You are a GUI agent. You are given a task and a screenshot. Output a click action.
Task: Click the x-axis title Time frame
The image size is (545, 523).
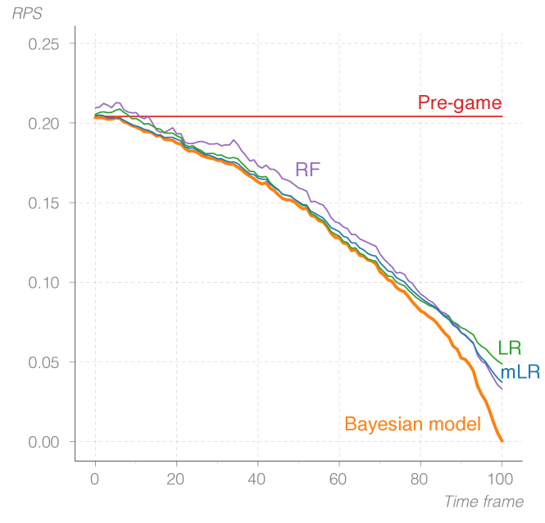coord(483,501)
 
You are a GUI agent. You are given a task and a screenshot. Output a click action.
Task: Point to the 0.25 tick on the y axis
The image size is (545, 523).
coord(44,43)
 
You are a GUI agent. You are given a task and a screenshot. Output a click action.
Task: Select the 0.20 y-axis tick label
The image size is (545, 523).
coord(44,123)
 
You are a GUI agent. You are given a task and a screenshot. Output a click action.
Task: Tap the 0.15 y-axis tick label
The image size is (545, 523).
coord(44,202)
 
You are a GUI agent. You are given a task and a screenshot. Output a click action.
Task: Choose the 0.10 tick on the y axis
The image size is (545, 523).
coord(44,282)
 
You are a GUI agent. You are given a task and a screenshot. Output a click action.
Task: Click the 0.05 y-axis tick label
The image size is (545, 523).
coord(44,362)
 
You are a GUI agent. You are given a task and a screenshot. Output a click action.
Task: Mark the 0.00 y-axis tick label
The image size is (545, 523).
coord(44,441)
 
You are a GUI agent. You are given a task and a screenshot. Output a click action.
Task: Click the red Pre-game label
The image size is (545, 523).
coord(459,103)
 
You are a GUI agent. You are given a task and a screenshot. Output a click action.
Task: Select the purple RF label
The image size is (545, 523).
coord(307,171)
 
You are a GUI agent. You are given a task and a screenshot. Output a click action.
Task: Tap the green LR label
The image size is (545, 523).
coord(509,348)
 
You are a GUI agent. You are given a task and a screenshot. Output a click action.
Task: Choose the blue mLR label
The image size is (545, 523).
coord(520,373)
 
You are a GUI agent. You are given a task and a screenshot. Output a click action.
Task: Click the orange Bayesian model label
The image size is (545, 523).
coord(412,425)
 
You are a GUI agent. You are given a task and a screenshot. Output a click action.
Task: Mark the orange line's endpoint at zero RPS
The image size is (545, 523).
coord(501,441)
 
